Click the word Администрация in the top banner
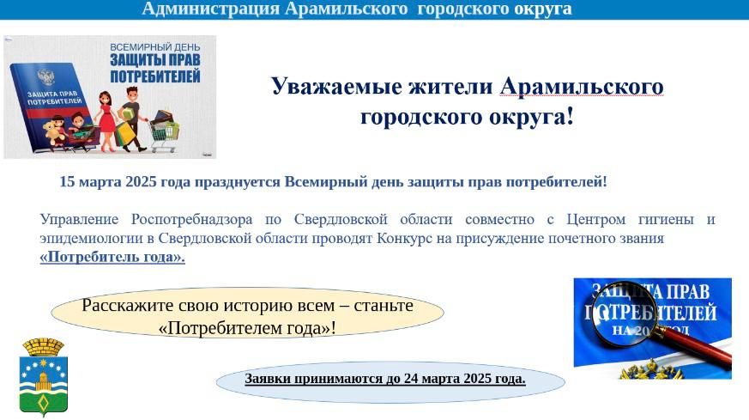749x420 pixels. coord(211,9)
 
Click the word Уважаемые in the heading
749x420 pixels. coord(335,87)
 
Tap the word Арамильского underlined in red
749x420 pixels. coord(582,87)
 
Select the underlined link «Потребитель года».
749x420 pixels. coord(112,257)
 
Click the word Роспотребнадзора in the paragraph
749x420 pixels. coord(191,220)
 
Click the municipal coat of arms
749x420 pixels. coord(44,377)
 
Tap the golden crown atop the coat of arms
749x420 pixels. coord(44,346)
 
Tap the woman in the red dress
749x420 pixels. coord(106,121)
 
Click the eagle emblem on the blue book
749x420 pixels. coord(45,76)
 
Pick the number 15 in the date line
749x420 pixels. coord(67,182)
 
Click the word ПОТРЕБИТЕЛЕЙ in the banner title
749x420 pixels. coord(155,76)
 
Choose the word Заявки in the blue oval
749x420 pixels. coord(268,379)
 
